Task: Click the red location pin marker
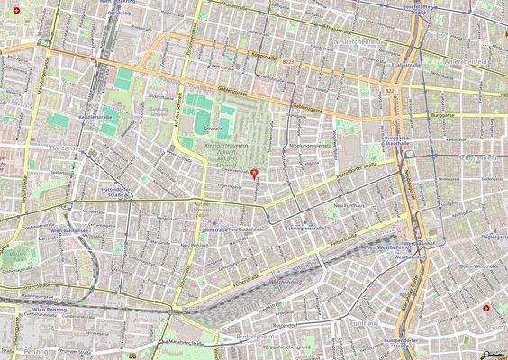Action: point(254,172)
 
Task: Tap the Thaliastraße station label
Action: point(406,66)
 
